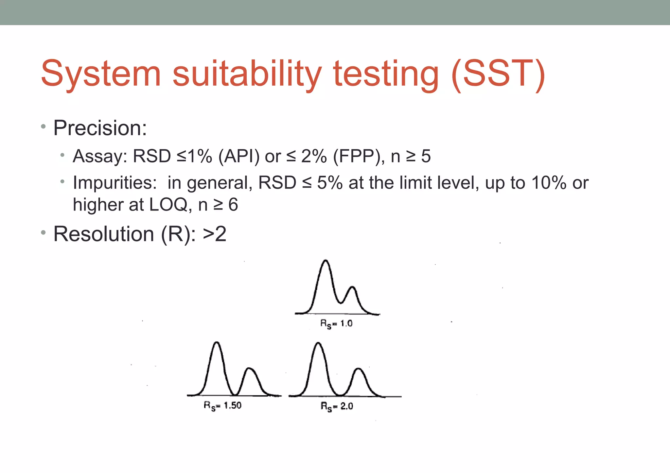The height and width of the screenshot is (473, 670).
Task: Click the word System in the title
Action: point(101,75)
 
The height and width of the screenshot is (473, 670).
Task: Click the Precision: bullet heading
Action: point(100,128)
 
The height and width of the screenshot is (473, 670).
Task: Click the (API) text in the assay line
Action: point(239,156)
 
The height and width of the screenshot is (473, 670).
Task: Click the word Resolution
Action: point(104,234)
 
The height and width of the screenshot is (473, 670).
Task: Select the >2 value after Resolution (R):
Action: point(215,234)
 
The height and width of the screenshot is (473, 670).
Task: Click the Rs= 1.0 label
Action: point(336,324)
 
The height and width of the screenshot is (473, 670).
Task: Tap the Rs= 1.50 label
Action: point(222,406)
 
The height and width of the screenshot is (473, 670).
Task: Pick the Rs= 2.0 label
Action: point(337,406)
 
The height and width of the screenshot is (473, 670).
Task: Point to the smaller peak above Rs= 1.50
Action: point(250,369)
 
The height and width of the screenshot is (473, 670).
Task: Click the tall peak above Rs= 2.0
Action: point(318,344)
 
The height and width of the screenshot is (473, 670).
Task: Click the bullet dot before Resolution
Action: point(43,233)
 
